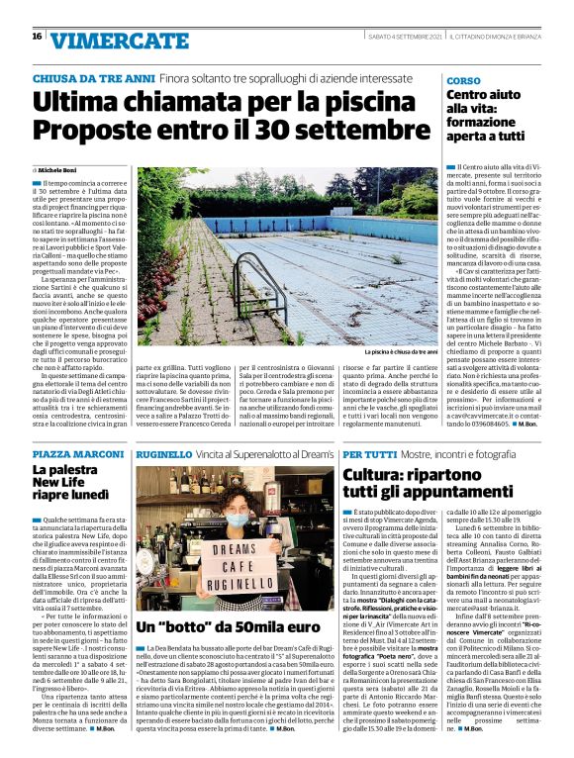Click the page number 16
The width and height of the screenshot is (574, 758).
click(37, 36)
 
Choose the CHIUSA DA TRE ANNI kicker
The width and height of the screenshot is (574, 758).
click(92, 78)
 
